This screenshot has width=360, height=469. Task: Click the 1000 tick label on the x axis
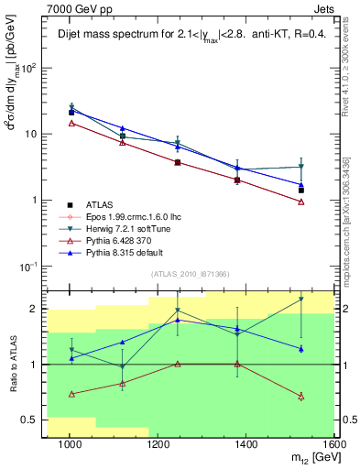point(70,446)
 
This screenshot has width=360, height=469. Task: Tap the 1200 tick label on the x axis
point(158,446)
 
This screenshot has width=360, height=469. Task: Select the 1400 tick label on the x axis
point(245,446)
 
